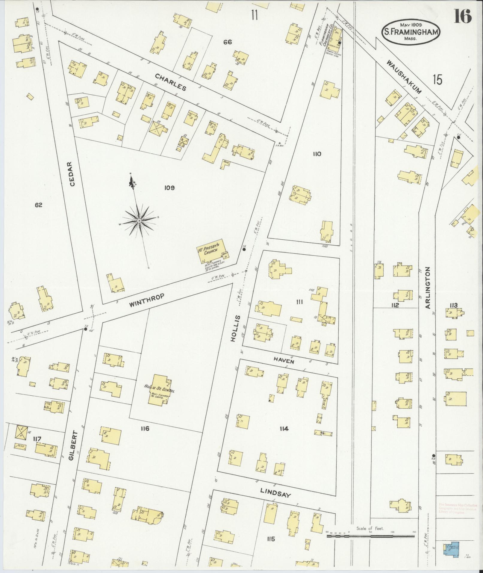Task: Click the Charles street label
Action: (x=171, y=82)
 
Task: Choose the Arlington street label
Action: (x=428, y=288)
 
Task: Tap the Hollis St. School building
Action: (x=159, y=389)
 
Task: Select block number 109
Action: (x=169, y=188)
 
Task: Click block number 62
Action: (x=38, y=205)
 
